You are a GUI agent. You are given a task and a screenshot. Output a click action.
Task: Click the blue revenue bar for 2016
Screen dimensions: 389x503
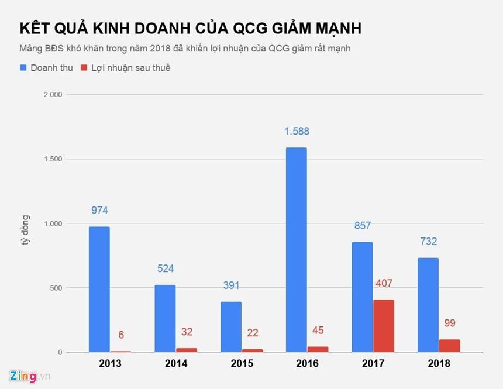pyautogui.click(x=296, y=250)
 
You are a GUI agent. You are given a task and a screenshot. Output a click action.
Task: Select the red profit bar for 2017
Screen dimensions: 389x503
pyautogui.click(x=383, y=326)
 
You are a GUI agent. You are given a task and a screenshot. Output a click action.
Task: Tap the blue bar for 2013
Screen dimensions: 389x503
pyautogui.click(x=99, y=290)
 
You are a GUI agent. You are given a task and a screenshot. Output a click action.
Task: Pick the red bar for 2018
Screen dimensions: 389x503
pyautogui.click(x=449, y=346)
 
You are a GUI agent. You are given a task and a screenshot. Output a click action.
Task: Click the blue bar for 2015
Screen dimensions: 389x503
pyautogui.click(x=230, y=327)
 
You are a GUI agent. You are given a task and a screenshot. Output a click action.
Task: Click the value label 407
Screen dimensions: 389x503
pyautogui.click(x=384, y=284)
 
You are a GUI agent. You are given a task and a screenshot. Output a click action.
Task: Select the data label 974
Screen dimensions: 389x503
pyautogui.click(x=99, y=211)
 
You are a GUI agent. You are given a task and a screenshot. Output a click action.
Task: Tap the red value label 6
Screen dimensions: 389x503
pyautogui.click(x=121, y=335)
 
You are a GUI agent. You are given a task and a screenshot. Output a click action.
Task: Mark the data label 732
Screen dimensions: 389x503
pyautogui.click(x=428, y=242)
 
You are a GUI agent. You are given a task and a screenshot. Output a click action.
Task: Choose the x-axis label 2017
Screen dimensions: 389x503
pyautogui.click(x=373, y=364)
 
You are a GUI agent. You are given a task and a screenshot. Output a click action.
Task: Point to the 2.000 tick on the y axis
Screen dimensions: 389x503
pyautogui.click(x=52, y=95)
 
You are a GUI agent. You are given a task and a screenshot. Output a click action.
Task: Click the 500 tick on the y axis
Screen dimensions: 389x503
pyautogui.click(x=56, y=288)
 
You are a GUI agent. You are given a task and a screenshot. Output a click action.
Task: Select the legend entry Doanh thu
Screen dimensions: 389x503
pyautogui.click(x=47, y=68)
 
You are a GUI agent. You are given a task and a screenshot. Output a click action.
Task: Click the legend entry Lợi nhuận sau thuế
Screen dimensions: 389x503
pyautogui.click(x=126, y=68)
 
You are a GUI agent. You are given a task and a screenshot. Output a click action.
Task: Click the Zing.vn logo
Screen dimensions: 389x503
pyautogui.click(x=30, y=376)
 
